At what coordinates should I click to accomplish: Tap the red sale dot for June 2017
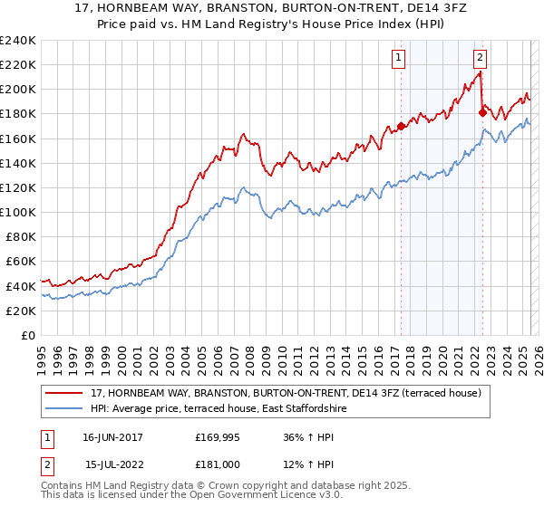point(401,127)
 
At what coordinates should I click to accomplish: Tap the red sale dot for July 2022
point(482,113)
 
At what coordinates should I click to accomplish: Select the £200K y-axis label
point(18,90)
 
